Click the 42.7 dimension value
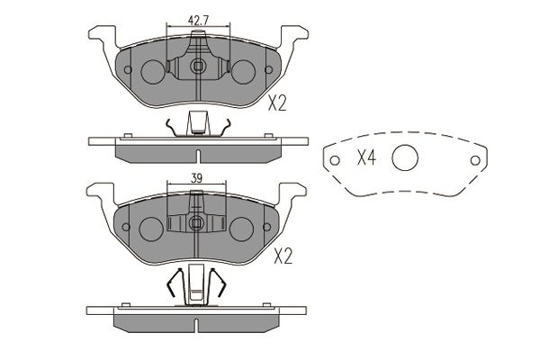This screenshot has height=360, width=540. pyautogui.click(x=198, y=21)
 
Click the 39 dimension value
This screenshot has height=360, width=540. pyautogui.click(x=196, y=178)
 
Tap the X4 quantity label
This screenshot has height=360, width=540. pyautogui.click(x=366, y=158)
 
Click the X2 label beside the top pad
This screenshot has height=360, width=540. pyautogui.click(x=277, y=103)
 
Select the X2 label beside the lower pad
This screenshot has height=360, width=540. pyautogui.click(x=283, y=256)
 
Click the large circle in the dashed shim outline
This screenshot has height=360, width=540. pyautogui.click(x=405, y=157)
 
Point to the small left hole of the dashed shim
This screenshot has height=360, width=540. pyautogui.click(x=335, y=160)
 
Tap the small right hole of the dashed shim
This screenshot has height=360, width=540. pyautogui.click(x=475, y=160)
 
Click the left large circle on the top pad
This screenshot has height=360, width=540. pyautogui.click(x=153, y=72)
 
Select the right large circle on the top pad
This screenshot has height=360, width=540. pyautogui.click(x=243, y=72)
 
